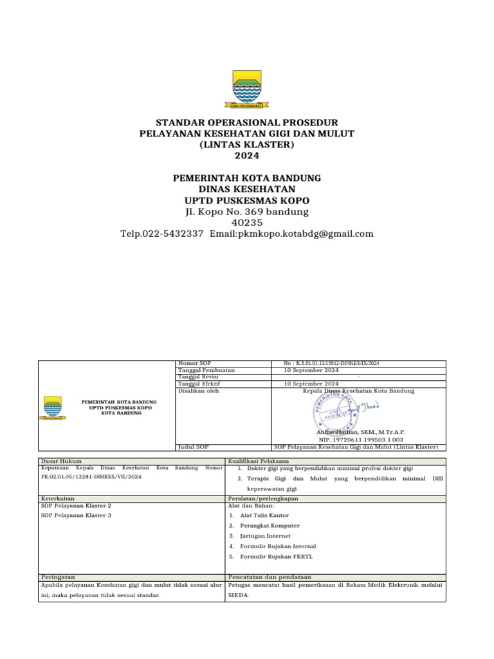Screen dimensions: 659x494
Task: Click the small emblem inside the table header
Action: click(x=53, y=407)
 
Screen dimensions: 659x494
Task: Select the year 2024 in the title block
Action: click(x=247, y=156)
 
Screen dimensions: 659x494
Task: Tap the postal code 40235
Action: click(x=247, y=223)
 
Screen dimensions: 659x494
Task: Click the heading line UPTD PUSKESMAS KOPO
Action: click(x=247, y=200)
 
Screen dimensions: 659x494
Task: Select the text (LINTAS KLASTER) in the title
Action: click(x=247, y=144)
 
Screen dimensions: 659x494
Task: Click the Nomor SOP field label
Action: click(x=194, y=364)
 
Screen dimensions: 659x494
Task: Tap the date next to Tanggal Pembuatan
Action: click(x=311, y=371)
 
